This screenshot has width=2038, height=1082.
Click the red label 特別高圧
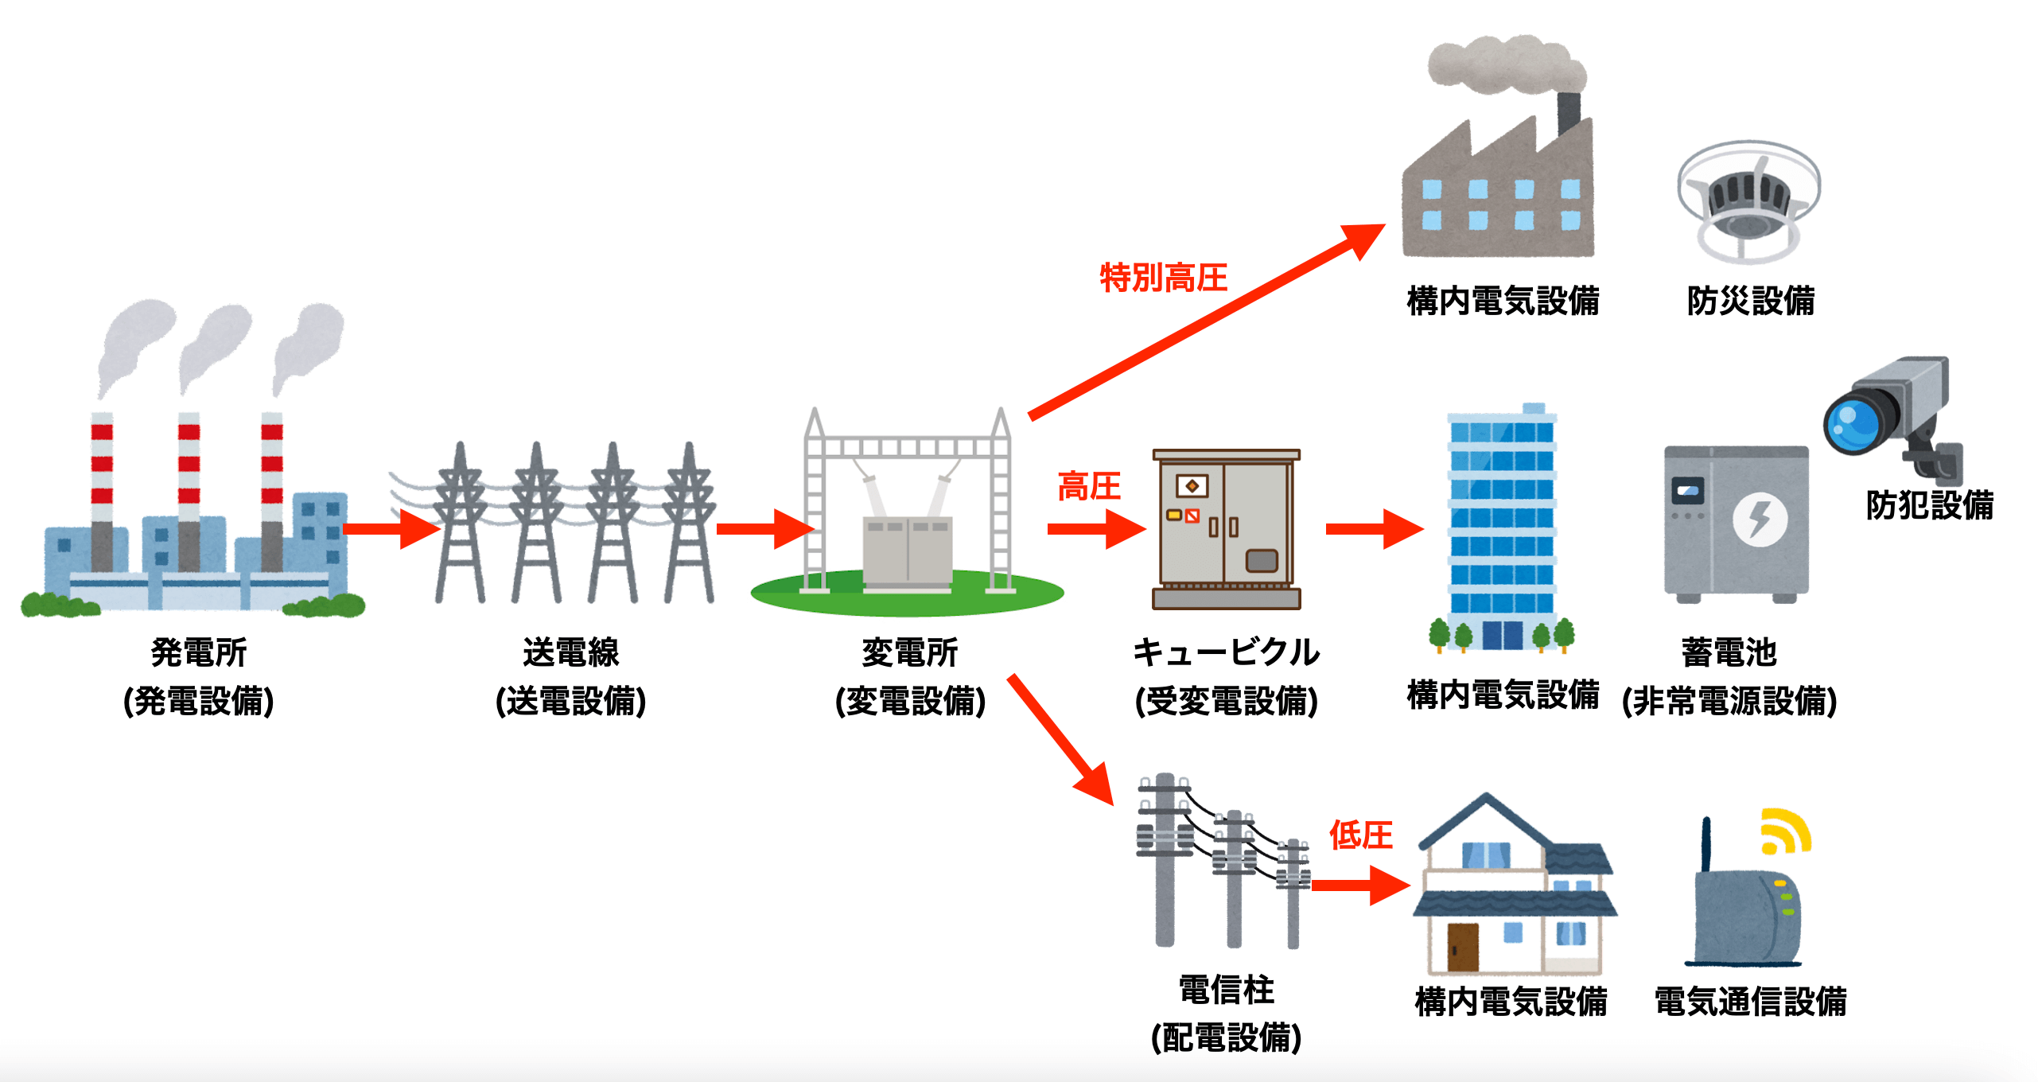1163,278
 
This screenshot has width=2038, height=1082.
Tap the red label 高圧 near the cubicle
1088,486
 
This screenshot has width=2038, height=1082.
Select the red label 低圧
1360,835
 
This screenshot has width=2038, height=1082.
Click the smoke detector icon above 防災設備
1748,202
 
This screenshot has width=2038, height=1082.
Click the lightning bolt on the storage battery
1760,520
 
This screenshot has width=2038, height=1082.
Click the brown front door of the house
1462,947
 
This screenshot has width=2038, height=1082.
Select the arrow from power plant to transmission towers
390,529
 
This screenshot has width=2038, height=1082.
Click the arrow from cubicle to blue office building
1373,529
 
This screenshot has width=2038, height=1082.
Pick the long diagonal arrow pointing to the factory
1205,322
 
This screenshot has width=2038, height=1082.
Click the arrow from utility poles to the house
1360,885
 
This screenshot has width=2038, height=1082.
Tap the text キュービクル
1226,652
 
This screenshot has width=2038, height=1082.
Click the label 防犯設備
1929,505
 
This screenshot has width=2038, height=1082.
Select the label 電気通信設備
1750,1002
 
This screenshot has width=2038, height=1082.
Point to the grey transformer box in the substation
908,551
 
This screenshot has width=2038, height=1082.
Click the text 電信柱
1226,991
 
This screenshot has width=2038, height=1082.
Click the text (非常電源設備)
1729,702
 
